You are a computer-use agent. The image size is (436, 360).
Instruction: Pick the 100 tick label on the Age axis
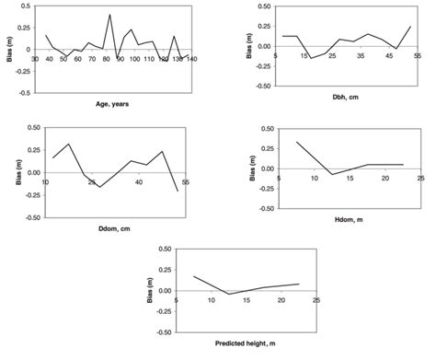(x=136, y=58)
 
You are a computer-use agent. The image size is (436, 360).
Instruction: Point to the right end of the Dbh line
(x=411, y=27)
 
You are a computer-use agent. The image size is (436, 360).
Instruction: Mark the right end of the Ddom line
(x=178, y=191)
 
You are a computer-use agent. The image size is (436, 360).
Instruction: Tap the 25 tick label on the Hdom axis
(x=419, y=178)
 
